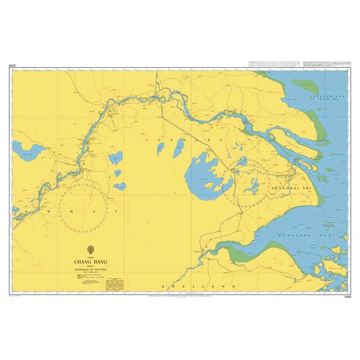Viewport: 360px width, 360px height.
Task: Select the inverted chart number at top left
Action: (x=13, y=65)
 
